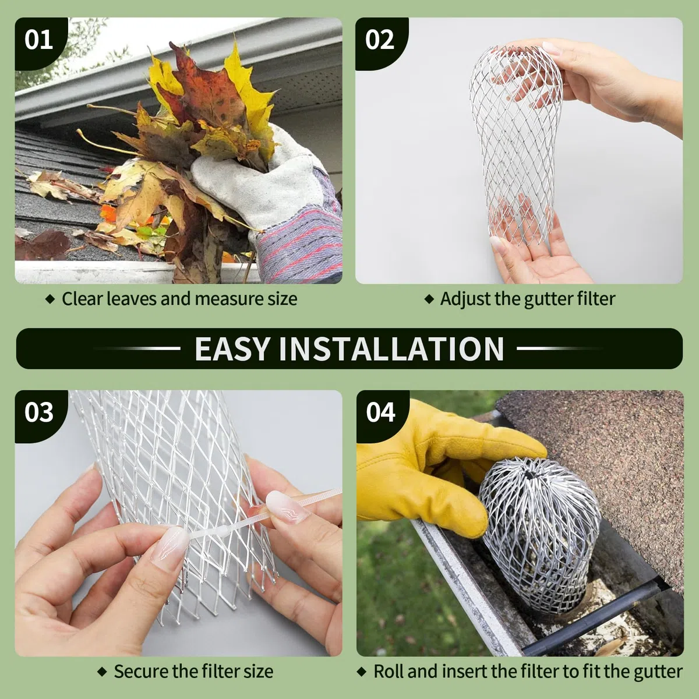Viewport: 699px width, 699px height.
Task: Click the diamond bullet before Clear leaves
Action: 50,299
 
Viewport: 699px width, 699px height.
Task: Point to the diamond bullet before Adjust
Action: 429,299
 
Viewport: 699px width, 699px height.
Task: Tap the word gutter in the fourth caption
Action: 658,672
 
